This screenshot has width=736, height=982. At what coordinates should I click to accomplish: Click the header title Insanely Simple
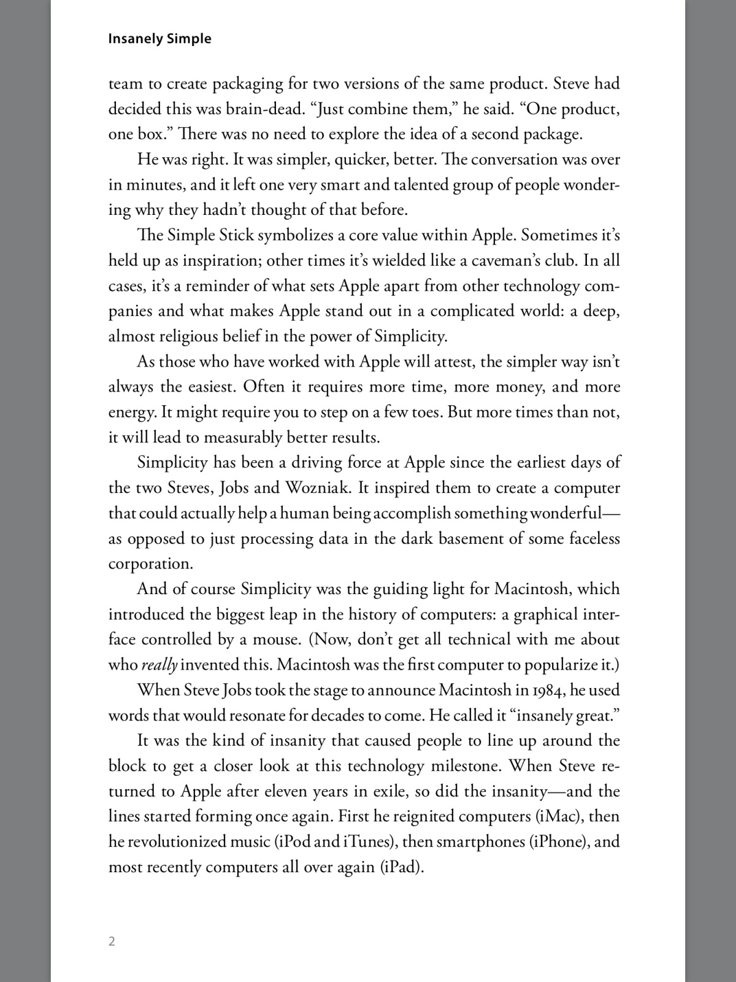pos(159,39)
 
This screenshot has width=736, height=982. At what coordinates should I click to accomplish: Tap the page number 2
pos(112,941)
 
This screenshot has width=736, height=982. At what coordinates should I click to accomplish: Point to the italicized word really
pos(159,665)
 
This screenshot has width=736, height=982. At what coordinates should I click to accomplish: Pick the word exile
pos(388,791)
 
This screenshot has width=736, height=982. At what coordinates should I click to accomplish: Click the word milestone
pos(466,766)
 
